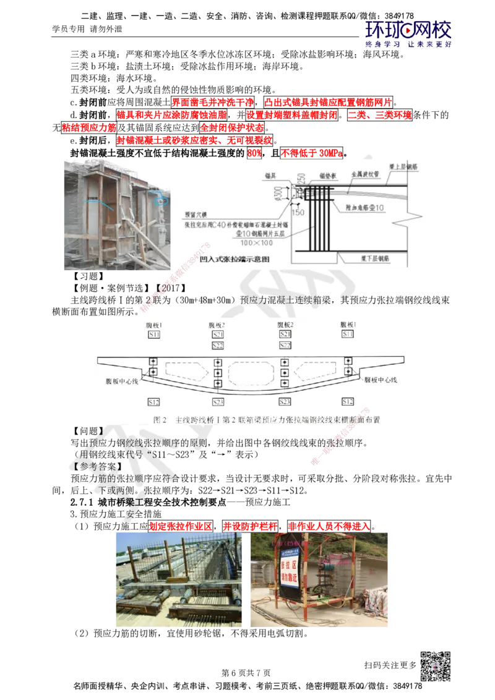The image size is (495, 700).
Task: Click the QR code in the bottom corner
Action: point(435,668)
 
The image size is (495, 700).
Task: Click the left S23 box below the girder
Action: point(218,402)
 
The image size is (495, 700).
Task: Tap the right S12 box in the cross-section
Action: point(348,402)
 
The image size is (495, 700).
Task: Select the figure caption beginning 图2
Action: point(266,419)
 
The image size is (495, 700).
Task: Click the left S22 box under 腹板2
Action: point(218,345)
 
